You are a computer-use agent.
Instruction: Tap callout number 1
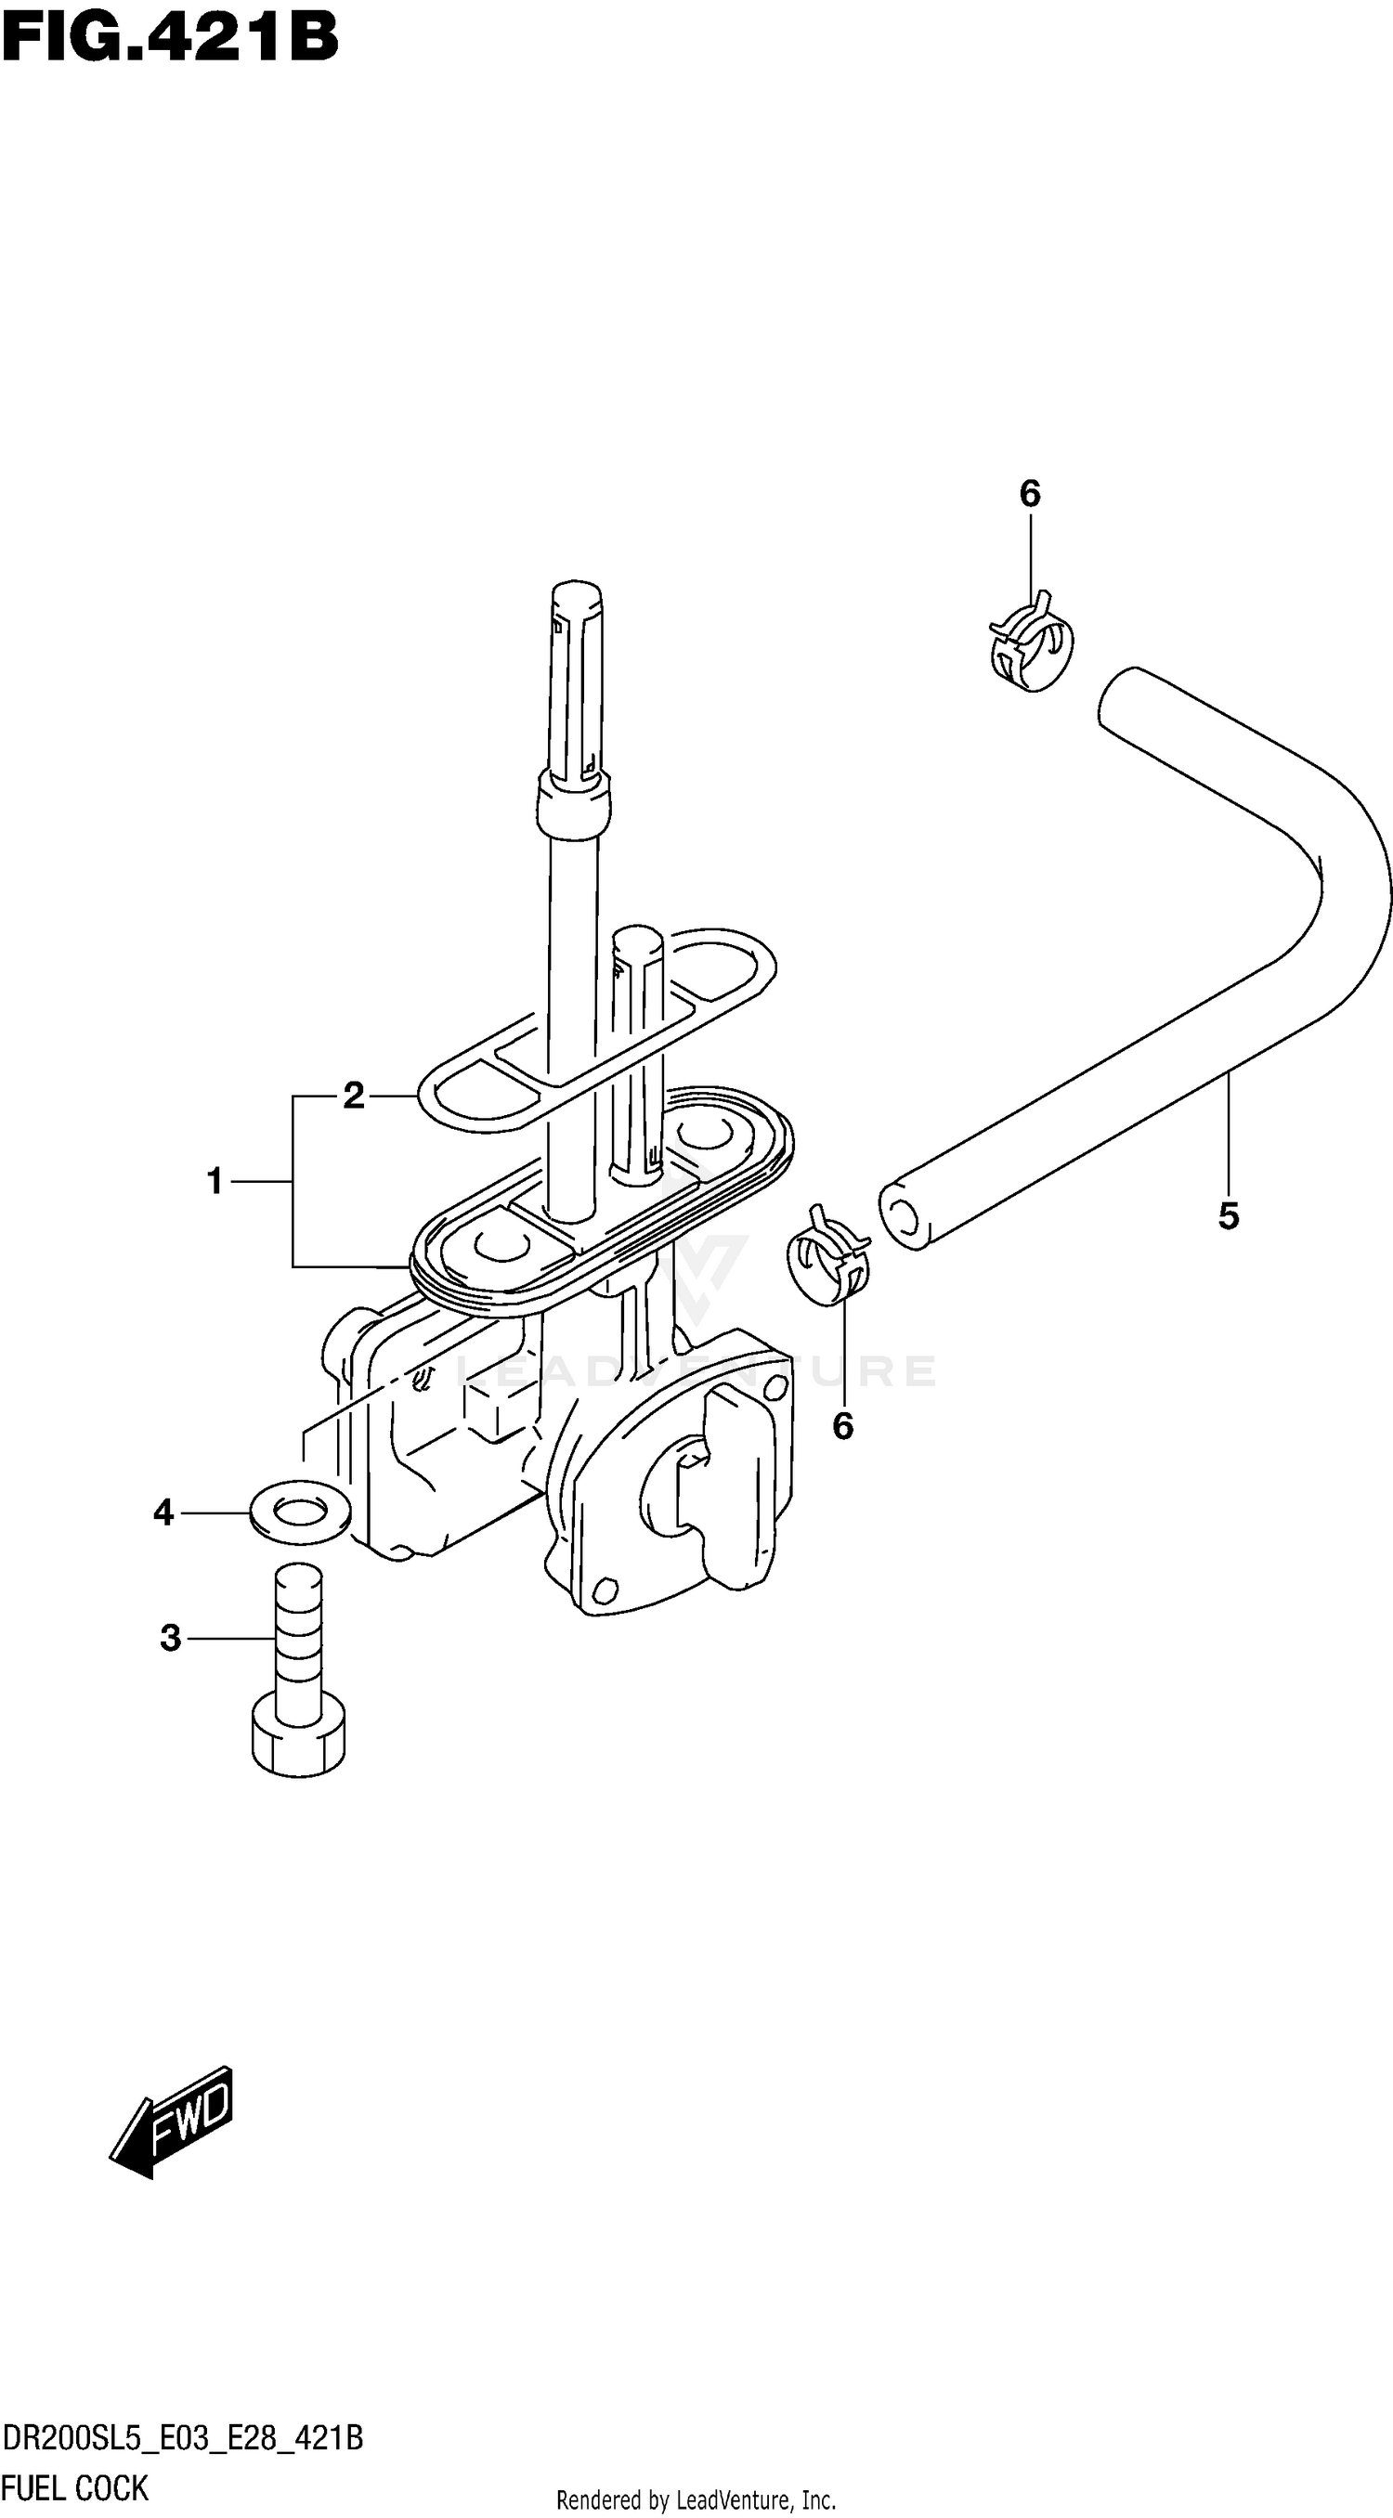[215, 1182]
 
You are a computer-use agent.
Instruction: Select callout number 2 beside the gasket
[353, 1096]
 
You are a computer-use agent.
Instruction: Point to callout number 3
[170, 1637]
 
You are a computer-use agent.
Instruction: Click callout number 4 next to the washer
[163, 1513]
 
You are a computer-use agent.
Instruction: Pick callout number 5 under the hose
[1229, 1216]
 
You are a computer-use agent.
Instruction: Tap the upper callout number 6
[1029, 495]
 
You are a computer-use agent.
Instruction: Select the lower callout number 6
[842, 1426]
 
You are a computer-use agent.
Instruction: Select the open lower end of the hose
[904, 1216]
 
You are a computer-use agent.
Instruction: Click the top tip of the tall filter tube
[577, 592]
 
